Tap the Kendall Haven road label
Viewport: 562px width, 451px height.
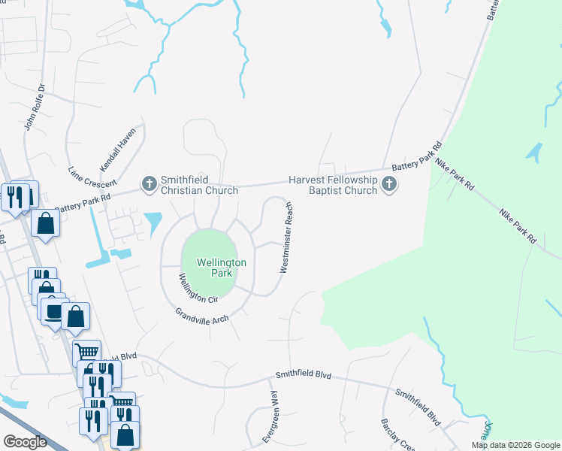pos(118,148)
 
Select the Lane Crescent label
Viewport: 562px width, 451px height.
pos(92,177)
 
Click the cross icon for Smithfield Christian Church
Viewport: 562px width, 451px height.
pos(149,183)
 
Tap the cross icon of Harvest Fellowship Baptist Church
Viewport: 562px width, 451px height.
pos(388,183)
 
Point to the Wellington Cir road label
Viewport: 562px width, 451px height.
pos(197,288)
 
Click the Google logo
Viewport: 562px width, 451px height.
pos(25,441)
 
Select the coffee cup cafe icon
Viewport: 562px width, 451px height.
pos(54,310)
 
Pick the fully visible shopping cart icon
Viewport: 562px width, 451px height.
pos(87,350)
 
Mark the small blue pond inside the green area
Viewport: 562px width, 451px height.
pos(533,153)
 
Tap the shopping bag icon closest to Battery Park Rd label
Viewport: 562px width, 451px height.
pos(46,223)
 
